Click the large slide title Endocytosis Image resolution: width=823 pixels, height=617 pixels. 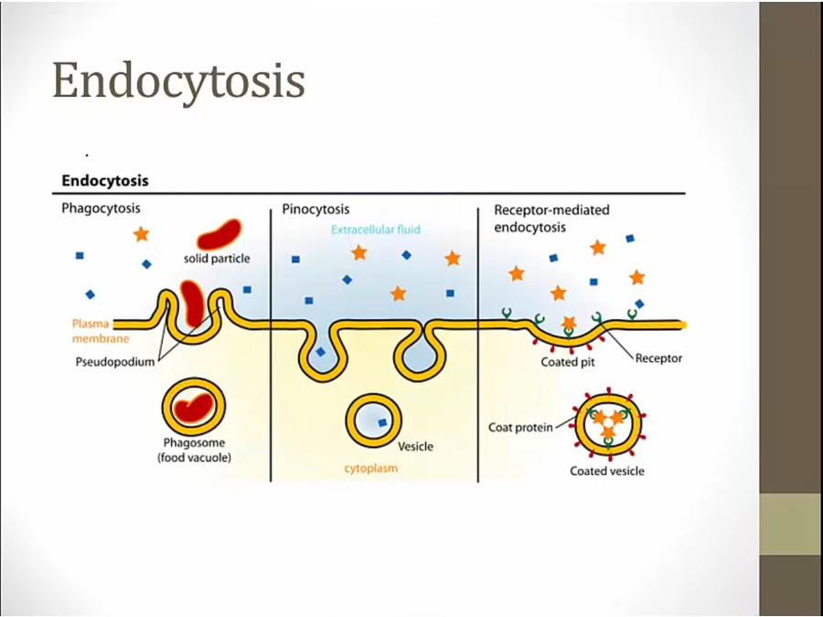[x=178, y=80]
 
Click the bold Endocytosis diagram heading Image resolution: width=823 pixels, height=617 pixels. [x=105, y=181]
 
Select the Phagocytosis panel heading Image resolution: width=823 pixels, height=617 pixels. [x=101, y=209]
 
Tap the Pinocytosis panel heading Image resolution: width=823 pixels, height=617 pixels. [x=315, y=209]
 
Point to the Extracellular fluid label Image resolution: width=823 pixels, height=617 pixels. [x=376, y=229]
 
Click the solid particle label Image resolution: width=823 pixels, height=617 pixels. [x=217, y=259]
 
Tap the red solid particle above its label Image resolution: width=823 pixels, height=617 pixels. [x=219, y=234]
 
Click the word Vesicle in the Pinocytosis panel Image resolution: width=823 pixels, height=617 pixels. [x=415, y=447]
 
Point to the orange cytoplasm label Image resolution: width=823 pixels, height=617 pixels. [x=370, y=469]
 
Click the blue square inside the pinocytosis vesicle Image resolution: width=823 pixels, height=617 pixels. [x=382, y=422]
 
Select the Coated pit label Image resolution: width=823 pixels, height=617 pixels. [x=567, y=361]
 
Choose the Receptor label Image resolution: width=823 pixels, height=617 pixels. [x=658, y=358]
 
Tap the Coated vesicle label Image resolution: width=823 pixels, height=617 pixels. [x=607, y=471]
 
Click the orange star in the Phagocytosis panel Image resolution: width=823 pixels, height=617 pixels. [x=141, y=234]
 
